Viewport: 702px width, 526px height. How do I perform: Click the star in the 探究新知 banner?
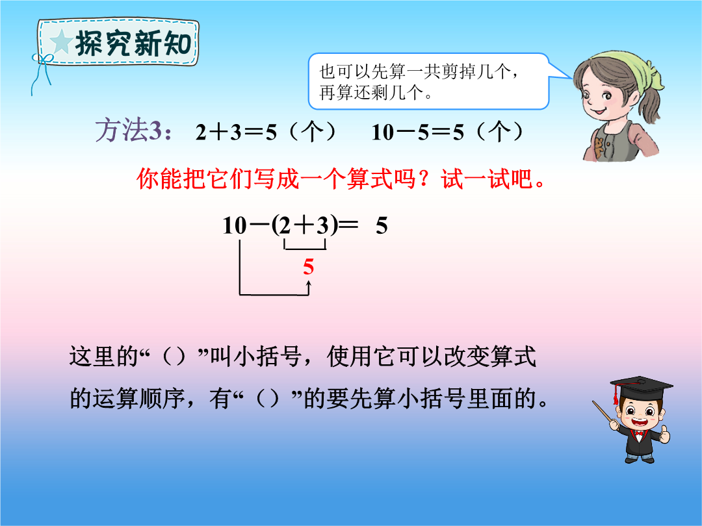pos(61,43)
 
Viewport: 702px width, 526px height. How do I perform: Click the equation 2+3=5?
pos(237,132)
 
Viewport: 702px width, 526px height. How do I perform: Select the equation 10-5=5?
pos(418,132)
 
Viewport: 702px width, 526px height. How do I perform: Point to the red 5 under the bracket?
pos(309,267)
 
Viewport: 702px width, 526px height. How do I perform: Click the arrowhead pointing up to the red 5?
pos(309,283)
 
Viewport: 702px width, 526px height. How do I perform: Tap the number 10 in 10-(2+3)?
pos(235,225)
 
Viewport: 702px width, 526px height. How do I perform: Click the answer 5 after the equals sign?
pos(382,226)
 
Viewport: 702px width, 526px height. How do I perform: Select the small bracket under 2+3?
pos(305,246)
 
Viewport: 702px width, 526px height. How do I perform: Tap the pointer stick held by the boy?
pos(605,414)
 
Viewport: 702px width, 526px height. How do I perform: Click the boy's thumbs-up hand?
pos(664,434)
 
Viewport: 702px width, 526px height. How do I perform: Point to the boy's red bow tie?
pos(639,433)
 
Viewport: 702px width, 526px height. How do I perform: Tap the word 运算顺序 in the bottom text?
pos(139,398)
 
